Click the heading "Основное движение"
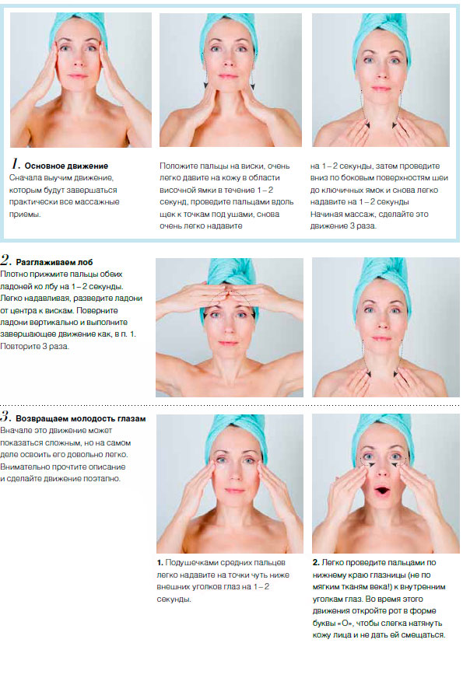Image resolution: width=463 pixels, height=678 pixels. pos(66,166)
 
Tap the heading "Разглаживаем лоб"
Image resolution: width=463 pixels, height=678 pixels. pos(54,262)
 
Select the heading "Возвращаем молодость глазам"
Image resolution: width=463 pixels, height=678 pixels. pos(80,418)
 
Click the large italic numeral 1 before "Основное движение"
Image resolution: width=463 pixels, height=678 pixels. pos(16,164)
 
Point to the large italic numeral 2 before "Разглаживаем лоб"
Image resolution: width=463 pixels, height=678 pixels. pos(5,260)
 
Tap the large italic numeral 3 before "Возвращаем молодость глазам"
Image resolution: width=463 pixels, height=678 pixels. pos(5,417)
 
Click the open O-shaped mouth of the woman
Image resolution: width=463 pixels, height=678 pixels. pos(381,491)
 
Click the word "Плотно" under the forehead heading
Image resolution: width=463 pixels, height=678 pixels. pos(13,274)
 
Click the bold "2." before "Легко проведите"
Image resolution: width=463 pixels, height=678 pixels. pos(316,563)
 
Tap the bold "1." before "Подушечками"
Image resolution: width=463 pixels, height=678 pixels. pos(160,563)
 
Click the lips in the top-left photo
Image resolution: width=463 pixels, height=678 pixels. pos(78,76)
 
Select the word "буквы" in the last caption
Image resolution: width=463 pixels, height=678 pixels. pos(324,623)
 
